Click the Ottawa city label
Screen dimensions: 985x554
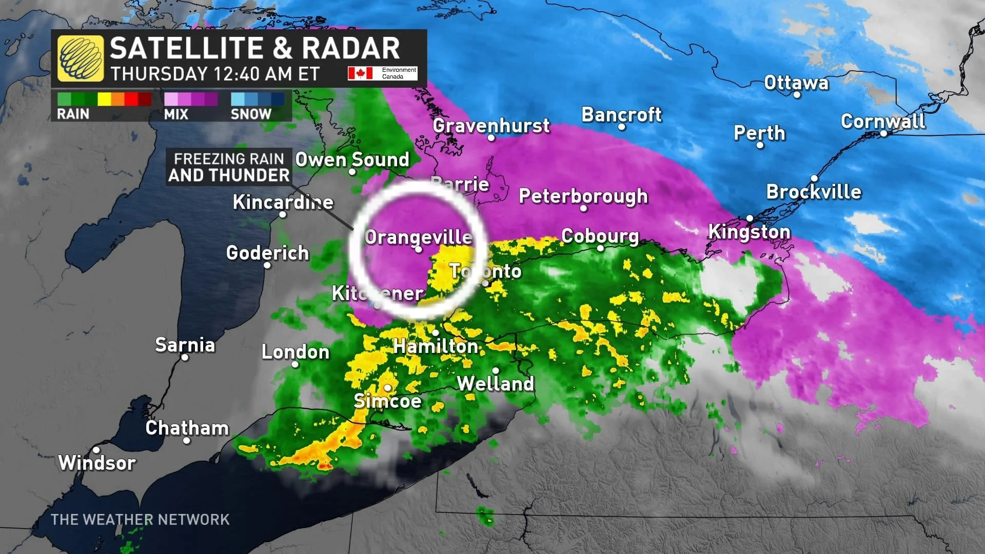click(x=796, y=83)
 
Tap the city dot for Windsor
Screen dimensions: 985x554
click(x=96, y=450)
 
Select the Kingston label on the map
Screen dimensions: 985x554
click(x=749, y=232)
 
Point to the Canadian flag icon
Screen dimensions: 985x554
click(x=360, y=73)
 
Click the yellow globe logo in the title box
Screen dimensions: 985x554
click(x=81, y=58)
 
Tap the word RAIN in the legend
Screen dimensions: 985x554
click(x=73, y=114)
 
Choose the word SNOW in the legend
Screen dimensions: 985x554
click(x=251, y=114)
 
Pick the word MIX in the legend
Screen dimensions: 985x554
click(x=176, y=114)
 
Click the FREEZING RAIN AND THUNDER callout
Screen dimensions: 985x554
click(x=229, y=167)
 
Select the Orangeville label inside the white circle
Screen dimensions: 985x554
click(x=418, y=237)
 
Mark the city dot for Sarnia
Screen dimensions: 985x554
click(x=185, y=358)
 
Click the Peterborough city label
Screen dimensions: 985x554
click(x=583, y=196)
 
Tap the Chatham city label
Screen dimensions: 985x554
click(x=187, y=428)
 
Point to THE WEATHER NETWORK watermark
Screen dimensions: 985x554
click(x=140, y=520)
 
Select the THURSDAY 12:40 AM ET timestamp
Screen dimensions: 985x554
click(x=215, y=74)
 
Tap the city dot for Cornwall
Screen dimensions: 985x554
click(x=883, y=133)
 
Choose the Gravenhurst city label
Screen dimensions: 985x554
click(x=491, y=125)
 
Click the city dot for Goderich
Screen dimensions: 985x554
click(x=267, y=265)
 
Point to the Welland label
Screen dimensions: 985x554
click(x=495, y=384)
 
